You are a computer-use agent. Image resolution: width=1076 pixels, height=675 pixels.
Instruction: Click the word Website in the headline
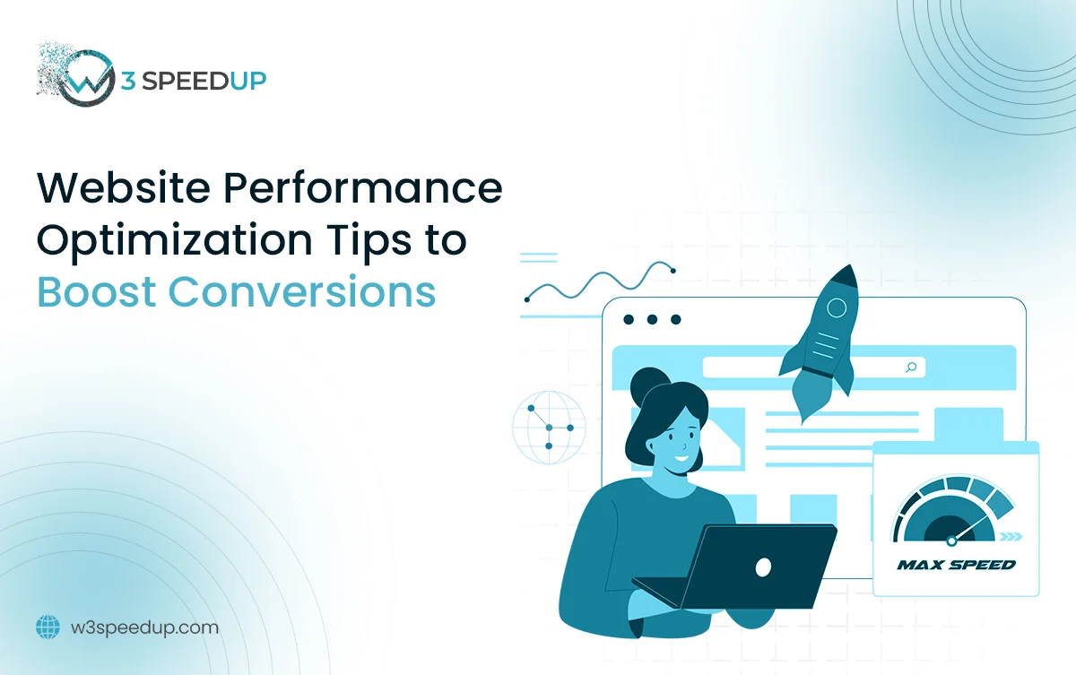(x=124, y=187)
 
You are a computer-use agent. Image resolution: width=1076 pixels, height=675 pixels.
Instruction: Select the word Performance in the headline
(x=363, y=187)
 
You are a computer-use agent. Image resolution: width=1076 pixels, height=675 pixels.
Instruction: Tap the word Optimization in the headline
(x=175, y=241)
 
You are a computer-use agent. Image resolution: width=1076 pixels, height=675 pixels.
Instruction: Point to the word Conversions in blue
(x=302, y=292)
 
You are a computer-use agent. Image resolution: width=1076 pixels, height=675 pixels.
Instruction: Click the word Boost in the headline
(x=97, y=292)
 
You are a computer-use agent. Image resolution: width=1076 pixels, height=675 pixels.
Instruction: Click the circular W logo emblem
(x=86, y=78)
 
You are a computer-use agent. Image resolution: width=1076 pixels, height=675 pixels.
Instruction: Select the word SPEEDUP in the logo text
(x=204, y=81)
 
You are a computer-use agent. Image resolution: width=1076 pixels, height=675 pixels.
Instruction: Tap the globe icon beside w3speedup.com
(x=48, y=627)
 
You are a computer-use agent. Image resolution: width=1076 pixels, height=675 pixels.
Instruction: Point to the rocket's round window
(x=837, y=307)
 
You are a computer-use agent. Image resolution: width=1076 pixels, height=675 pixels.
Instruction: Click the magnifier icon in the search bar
(x=911, y=368)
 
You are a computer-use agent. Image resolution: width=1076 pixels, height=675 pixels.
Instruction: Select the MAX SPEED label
(x=956, y=565)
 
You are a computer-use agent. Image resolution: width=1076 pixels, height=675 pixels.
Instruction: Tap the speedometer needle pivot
(x=951, y=541)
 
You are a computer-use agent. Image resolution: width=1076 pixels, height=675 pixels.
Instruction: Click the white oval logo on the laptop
(x=763, y=567)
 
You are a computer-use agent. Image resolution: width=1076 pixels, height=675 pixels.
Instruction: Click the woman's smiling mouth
(x=681, y=457)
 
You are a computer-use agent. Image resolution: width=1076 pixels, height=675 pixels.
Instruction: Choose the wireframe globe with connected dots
(x=549, y=428)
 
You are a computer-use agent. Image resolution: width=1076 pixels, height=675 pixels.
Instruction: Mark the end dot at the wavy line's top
(x=673, y=271)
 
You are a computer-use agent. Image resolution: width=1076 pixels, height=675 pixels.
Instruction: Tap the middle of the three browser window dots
(x=652, y=319)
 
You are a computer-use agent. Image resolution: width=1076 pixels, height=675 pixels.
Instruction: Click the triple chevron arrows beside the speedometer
(x=1011, y=537)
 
